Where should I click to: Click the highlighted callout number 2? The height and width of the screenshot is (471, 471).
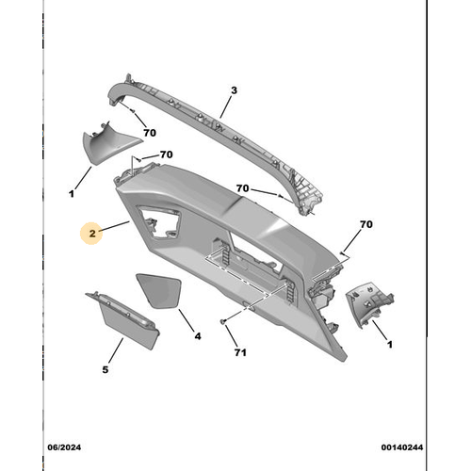click(x=92, y=234)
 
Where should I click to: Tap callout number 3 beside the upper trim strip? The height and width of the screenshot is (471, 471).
click(x=234, y=90)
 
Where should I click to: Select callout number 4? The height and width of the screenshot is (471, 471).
click(x=198, y=336)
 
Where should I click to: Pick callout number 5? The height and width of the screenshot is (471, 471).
click(x=106, y=369)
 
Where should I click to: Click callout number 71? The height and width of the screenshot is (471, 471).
click(x=240, y=352)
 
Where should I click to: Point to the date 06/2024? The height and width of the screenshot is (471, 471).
click(x=64, y=447)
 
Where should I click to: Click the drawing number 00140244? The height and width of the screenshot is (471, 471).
click(x=402, y=447)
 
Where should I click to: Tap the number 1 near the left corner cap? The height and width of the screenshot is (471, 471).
click(x=72, y=194)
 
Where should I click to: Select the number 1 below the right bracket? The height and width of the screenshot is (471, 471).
click(x=390, y=345)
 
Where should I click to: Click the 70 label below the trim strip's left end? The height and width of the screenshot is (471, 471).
click(x=150, y=133)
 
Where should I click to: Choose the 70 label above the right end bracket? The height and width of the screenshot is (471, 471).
click(x=366, y=224)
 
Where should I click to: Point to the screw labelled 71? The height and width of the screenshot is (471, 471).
click(x=223, y=321)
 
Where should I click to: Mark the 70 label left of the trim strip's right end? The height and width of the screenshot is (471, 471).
click(x=242, y=188)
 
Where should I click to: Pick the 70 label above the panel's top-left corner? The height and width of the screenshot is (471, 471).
click(x=167, y=154)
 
